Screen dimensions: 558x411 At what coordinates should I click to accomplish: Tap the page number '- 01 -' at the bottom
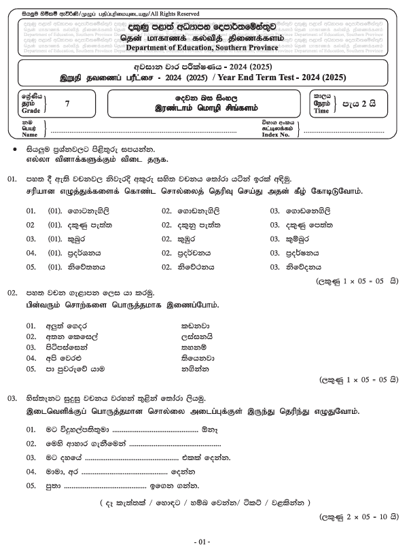coord(204,542)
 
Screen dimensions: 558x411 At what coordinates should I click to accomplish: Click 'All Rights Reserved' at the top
coord(167,14)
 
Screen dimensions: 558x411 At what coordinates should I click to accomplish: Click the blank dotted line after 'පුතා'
coord(109,486)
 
